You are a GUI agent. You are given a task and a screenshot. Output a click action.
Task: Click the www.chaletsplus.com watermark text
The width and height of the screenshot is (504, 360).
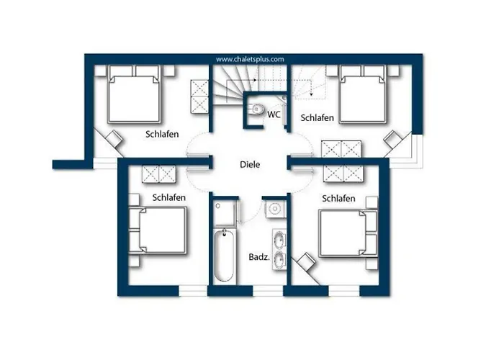(x=250, y=59)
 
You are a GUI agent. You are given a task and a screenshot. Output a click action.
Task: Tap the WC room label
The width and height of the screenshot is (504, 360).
(x=274, y=114)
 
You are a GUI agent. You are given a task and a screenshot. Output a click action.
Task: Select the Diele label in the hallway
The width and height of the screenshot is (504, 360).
(x=250, y=165)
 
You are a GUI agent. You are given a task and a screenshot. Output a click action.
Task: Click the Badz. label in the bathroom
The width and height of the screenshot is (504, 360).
(x=258, y=257)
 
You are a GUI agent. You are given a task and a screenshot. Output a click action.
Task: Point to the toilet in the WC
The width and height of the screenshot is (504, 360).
(x=256, y=109)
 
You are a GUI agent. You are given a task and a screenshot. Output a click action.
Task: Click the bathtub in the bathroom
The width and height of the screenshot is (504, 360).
(x=224, y=256)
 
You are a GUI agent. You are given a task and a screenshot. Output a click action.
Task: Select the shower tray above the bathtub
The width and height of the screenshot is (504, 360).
(x=225, y=213)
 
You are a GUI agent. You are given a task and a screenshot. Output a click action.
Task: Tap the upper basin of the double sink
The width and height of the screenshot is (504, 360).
(x=279, y=240)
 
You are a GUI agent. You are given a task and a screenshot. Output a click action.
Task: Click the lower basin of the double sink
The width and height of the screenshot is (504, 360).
(x=279, y=258)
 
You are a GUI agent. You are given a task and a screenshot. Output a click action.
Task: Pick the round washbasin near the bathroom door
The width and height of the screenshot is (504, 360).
(x=275, y=209)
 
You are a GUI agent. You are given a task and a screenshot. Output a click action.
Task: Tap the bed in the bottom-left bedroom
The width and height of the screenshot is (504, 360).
(x=158, y=231)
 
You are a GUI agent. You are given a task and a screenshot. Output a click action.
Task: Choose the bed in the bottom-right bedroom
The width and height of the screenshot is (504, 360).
(x=348, y=233)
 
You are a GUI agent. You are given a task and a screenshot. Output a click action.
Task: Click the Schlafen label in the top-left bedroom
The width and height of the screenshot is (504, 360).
(x=162, y=134)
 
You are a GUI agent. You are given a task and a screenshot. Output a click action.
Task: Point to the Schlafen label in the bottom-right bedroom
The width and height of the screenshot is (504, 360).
(x=338, y=199)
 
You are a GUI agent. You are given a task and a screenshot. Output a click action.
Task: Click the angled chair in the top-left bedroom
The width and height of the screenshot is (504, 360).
(x=114, y=139)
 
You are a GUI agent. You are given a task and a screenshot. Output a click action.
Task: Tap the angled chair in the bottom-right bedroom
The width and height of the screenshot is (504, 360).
(x=306, y=261)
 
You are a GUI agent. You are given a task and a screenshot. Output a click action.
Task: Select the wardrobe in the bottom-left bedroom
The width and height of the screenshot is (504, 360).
(x=159, y=174)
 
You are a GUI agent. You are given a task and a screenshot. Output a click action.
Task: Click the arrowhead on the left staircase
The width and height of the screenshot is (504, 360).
(x=255, y=80)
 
